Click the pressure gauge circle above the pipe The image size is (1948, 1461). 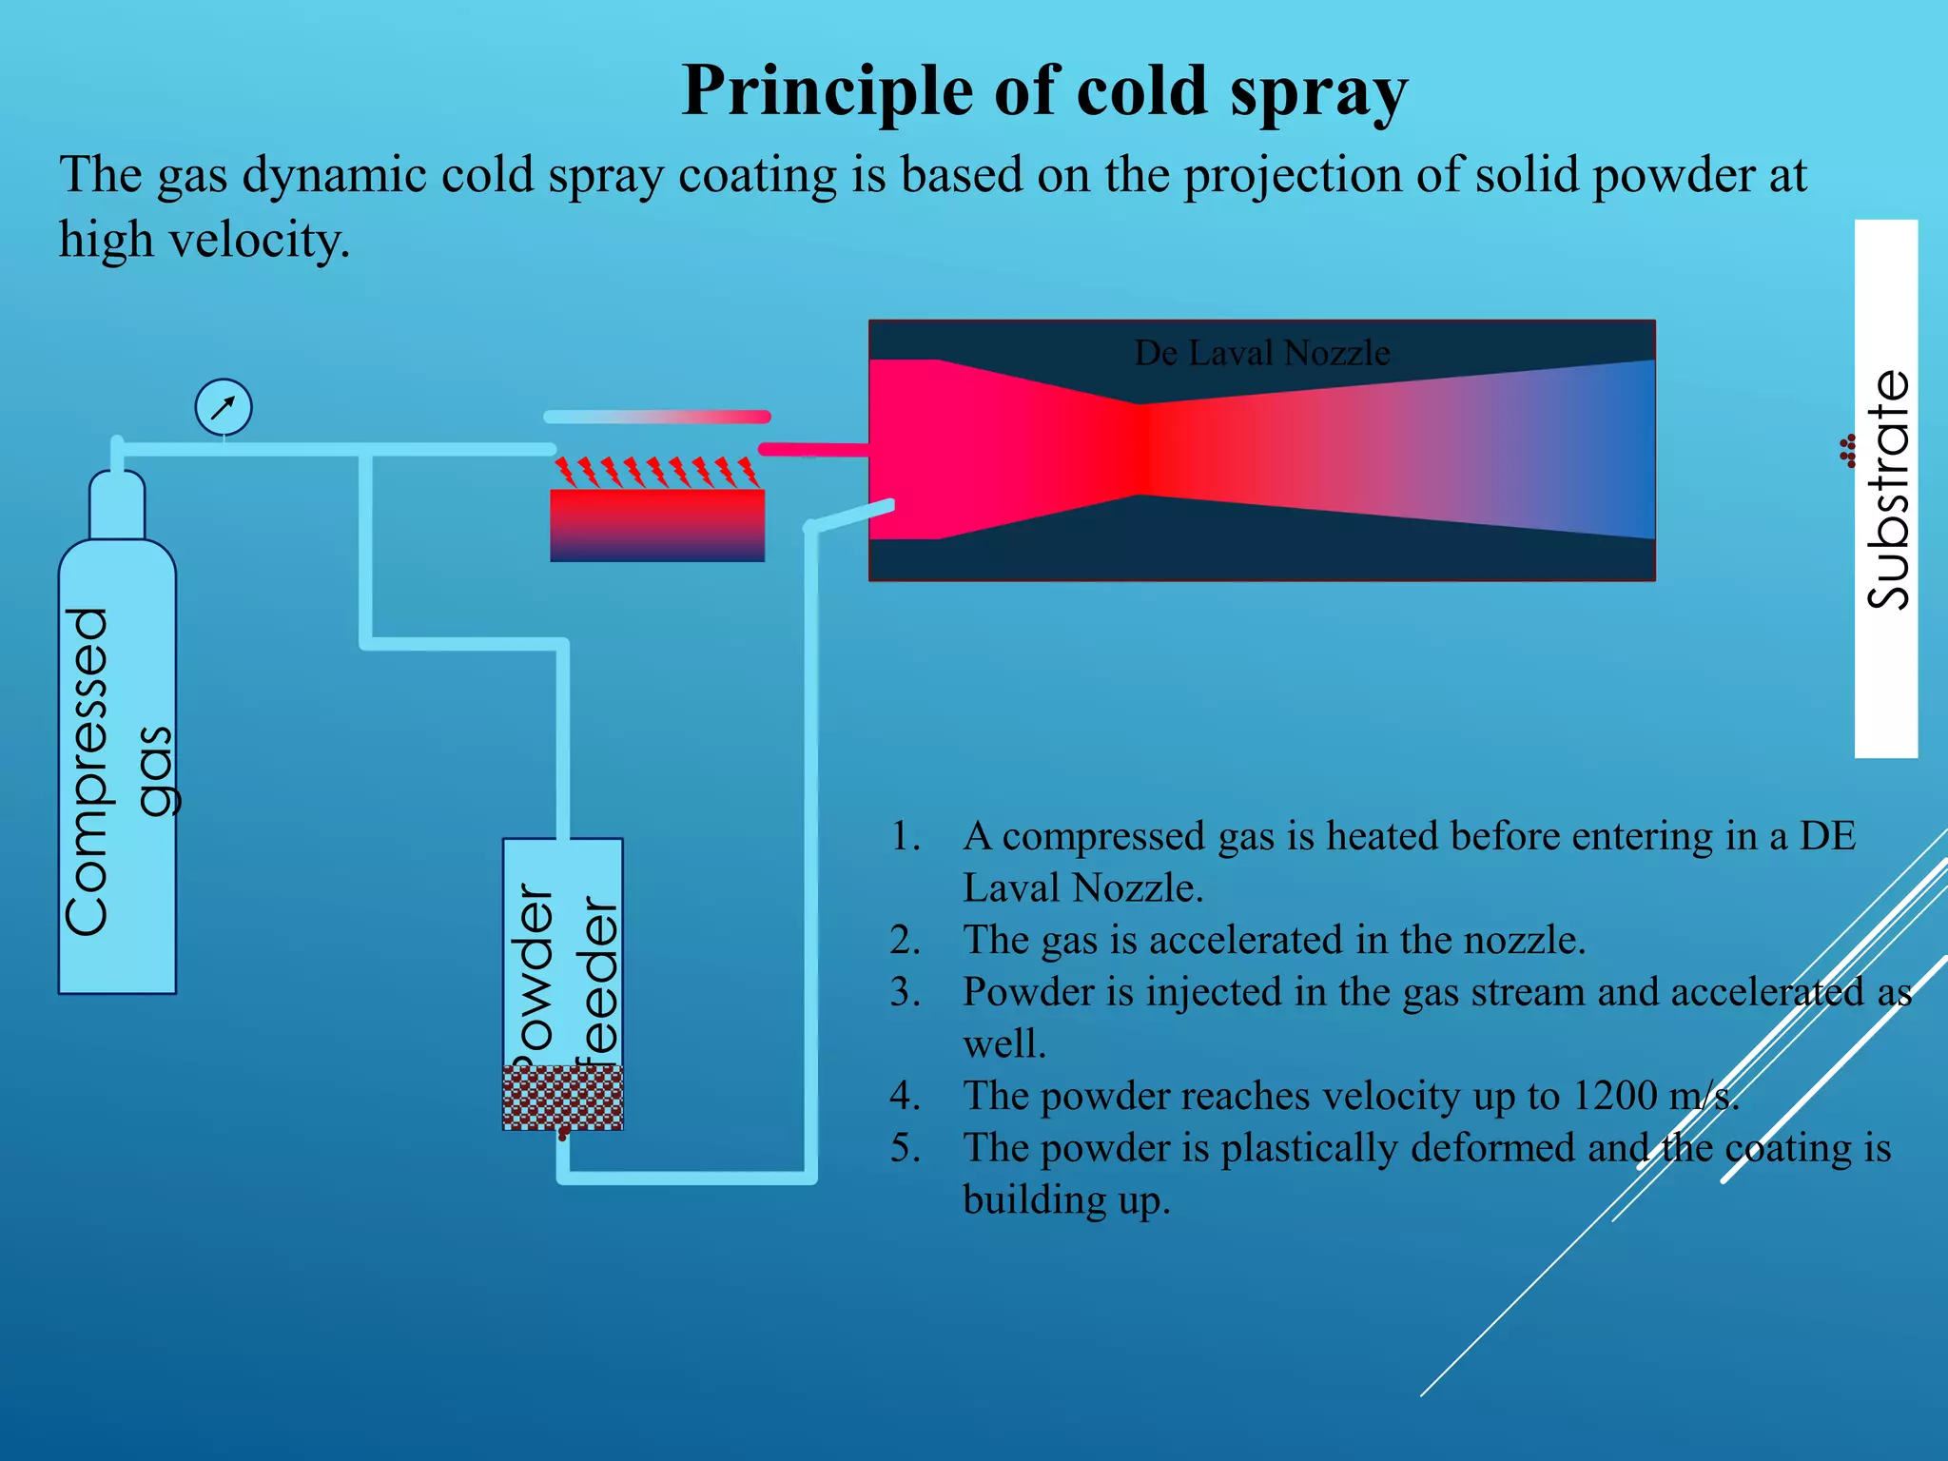tap(224, 407)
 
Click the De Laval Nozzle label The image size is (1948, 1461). tap(1262, 353)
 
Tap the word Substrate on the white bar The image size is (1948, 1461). tap(1887, 489)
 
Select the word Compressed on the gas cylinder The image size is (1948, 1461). tap(88, 770)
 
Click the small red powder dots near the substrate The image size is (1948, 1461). tap(1848, 451)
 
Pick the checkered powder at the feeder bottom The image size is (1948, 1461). tap(562, 1097)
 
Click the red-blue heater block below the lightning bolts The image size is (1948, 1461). tap(657, 525)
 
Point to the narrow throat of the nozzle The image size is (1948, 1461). tap(1142, 449)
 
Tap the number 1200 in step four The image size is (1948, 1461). tap(1614, 1096)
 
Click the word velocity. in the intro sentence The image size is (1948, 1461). tap(259, 240)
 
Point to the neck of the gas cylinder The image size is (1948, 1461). tap(117, 504)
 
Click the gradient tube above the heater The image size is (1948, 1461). tap(656, 417)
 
